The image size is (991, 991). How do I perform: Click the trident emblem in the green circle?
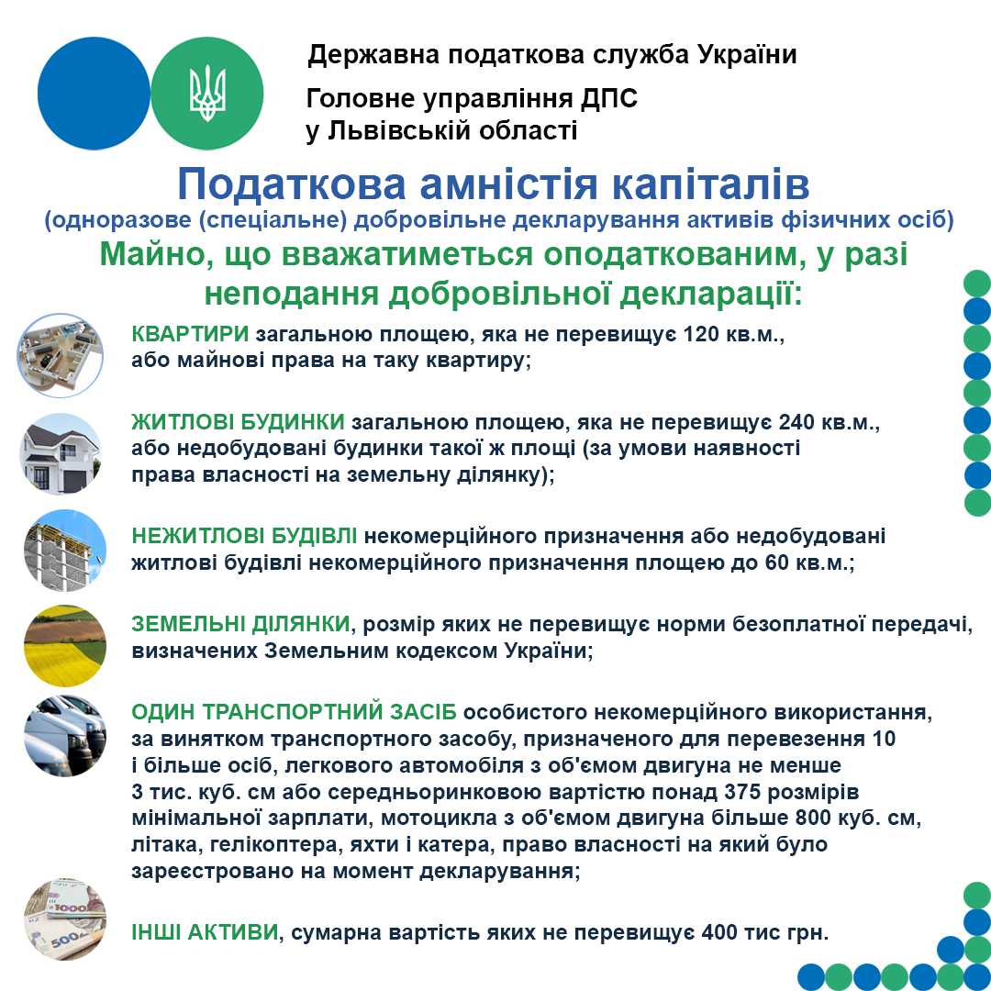[x=206, y=93]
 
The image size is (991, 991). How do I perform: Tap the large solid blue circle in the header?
[x=94, y=94]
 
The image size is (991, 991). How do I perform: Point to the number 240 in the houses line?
[x=797, y=423]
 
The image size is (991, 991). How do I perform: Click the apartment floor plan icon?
[x=61, y=355]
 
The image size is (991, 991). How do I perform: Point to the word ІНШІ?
[x=156, y=933]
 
